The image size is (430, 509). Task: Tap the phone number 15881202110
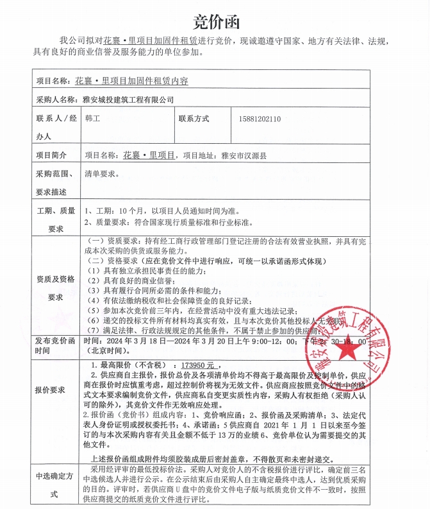coord(259,119)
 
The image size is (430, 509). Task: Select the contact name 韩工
coord(92,119)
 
